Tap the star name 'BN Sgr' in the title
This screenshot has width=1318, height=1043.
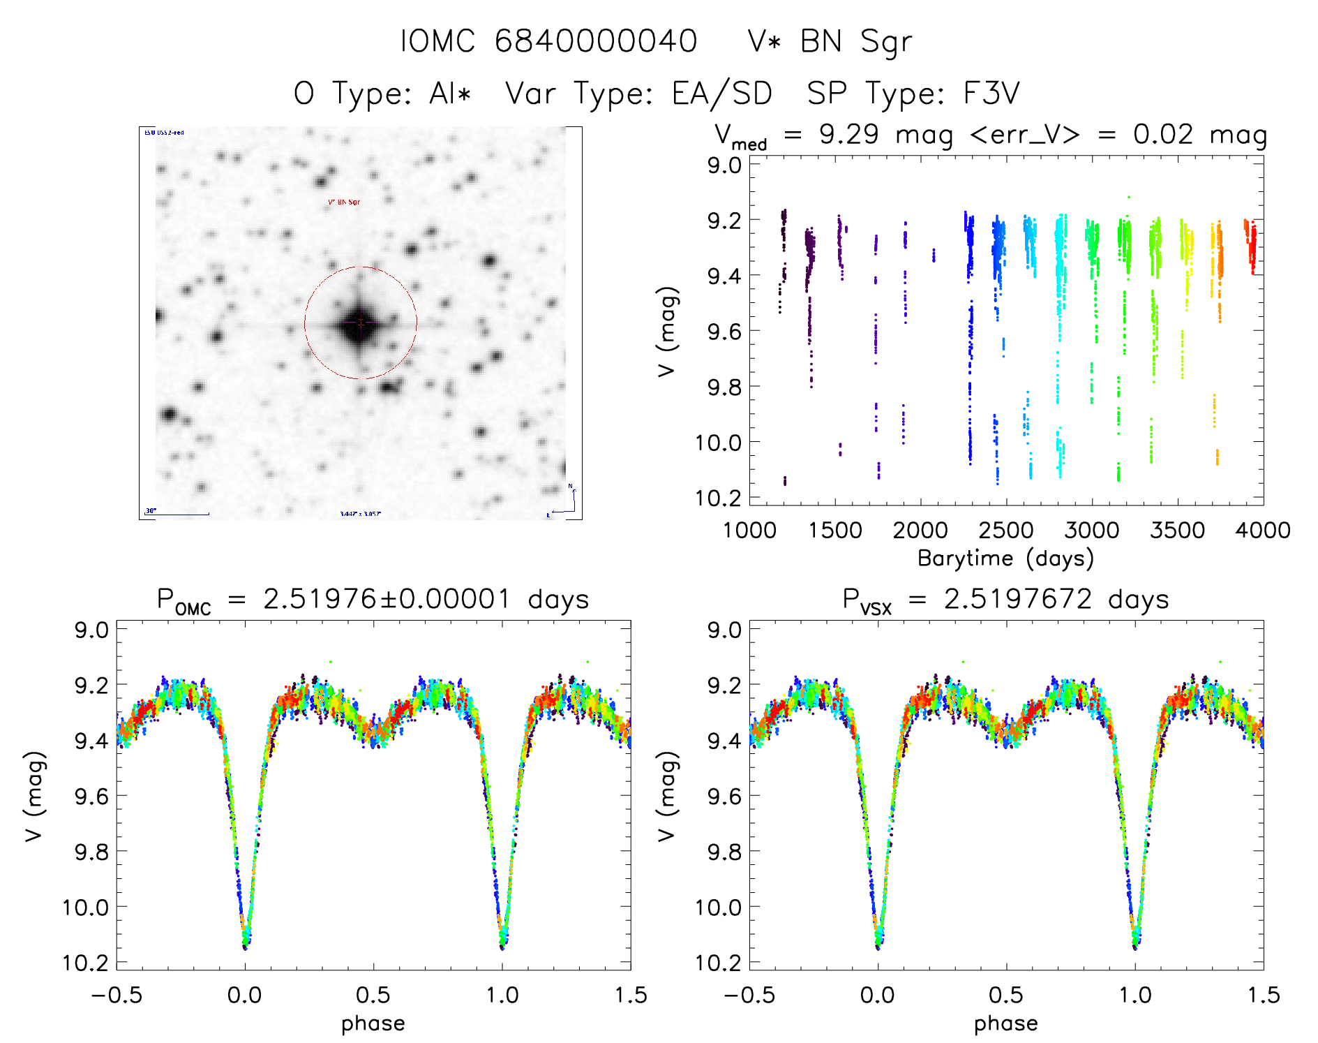click(855, 42)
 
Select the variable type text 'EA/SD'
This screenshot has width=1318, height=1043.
click(722, 94)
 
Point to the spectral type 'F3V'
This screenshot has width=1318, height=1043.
click(991, 94)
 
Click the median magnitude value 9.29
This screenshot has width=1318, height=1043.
click(848, 134)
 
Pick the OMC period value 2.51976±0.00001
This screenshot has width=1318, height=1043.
click(387, 599)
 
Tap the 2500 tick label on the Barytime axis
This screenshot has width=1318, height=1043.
click(1006, 530)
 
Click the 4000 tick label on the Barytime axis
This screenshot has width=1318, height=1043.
click(1263, 530)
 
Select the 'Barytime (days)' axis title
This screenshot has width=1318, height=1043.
click(1005, 558)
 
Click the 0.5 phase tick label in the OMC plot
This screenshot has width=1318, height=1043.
click(373, 995)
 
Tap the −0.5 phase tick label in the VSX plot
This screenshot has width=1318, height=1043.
click(749, 995)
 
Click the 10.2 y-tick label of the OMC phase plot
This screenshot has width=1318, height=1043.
click(86, 963)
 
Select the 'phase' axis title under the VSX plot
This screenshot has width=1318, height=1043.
click(1005, 1023)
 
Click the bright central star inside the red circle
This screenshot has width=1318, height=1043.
click(360, 323)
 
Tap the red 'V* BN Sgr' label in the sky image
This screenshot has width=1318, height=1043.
click(344, 202)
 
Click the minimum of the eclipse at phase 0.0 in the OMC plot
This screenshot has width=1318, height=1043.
click(245, 945)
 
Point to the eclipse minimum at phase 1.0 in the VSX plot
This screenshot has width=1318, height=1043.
click(1135, 945)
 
